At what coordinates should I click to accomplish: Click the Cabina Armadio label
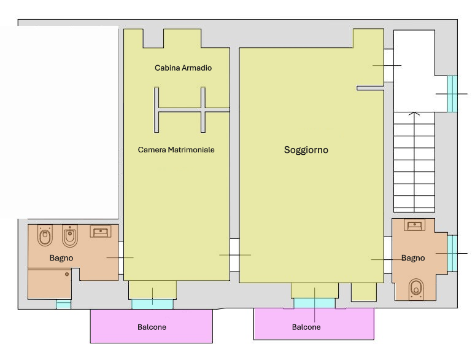183,68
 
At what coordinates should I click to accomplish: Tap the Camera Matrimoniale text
176,149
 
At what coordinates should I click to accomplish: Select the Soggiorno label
306,150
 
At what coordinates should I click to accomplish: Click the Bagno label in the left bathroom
61,258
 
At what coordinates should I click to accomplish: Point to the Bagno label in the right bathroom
413,258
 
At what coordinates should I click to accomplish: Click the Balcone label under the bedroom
152,327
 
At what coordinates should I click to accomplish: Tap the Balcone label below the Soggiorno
306,327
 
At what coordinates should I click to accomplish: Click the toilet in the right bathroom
416,289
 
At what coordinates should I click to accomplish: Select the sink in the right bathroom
414,225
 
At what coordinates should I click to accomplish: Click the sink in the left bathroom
100,232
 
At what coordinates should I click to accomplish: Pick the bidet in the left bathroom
70,237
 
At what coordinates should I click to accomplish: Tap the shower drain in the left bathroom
67,274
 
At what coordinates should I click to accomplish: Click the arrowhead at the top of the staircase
414,114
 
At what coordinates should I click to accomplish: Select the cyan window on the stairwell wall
452,94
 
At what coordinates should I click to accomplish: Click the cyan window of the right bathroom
452,254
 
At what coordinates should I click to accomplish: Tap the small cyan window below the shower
64,305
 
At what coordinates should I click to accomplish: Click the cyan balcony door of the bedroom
152,304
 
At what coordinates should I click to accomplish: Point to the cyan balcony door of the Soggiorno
314,303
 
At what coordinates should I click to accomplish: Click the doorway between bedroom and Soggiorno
234,255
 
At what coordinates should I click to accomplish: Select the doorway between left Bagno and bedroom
121,258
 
